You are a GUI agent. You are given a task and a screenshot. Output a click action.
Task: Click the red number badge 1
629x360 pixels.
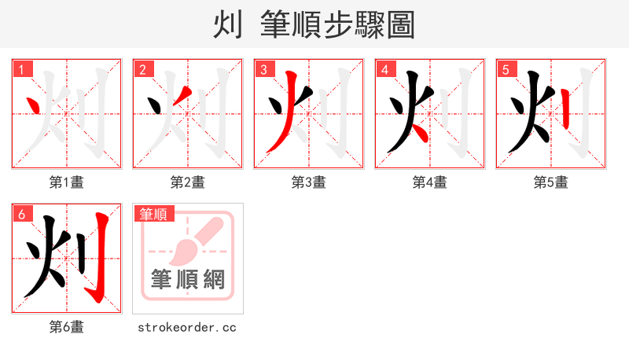tap(21, 69)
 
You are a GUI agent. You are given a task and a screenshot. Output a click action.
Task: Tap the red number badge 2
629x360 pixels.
tap(142, 69)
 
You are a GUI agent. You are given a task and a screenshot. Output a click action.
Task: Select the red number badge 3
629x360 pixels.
tap(263, 69)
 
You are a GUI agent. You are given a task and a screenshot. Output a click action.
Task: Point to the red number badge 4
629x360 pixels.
tap(384, 69)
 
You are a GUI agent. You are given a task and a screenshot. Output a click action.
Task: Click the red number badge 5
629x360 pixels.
tap(506, 69)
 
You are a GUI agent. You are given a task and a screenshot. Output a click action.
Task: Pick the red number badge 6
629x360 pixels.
tap(21, 213)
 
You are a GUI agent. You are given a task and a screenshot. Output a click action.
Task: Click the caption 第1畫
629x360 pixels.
tap(67, 182)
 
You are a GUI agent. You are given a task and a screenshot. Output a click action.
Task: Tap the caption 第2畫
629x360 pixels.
tap(188, 182)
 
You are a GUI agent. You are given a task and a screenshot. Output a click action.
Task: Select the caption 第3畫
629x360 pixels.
tap(309, 182)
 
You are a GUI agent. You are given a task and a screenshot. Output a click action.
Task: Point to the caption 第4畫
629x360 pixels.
tap(430, 182)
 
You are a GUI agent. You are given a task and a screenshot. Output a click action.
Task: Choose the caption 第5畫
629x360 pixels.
tap(551, 182)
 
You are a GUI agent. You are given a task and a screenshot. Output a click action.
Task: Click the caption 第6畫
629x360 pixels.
tap(67, 326)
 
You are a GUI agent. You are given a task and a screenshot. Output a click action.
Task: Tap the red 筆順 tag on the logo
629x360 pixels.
tap(154, 214)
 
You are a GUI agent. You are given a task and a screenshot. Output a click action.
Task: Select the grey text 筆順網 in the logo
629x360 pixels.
tap(188, 279)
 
